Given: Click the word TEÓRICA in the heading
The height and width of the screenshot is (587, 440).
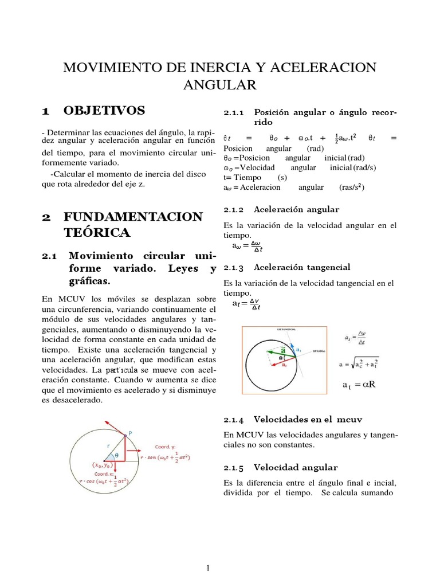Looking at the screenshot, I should click(x=97, y=232).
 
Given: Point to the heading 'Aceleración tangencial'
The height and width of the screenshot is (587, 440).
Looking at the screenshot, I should click(x=301, y=267).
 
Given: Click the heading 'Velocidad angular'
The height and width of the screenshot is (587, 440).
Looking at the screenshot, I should click(x=296, y=467).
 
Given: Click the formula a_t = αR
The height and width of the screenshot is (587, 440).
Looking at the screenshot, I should click(x=358, y=384).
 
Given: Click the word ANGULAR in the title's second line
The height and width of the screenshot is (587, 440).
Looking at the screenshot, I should click(x=219, y=85).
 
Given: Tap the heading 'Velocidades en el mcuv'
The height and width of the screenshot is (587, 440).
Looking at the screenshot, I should click(x=308, y=420).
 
